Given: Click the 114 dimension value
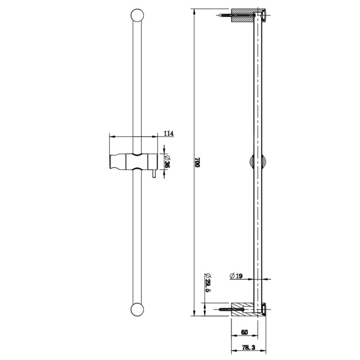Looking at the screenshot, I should (x=168, y=133).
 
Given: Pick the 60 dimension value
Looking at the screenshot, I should (x=244, y=331).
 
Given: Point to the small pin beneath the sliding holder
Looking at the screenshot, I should (x=154, y=175).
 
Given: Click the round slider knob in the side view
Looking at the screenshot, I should (x=255, y=163).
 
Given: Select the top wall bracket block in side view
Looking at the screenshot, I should (x=245, y=16).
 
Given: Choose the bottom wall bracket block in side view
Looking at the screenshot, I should (x=245, y=309).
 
